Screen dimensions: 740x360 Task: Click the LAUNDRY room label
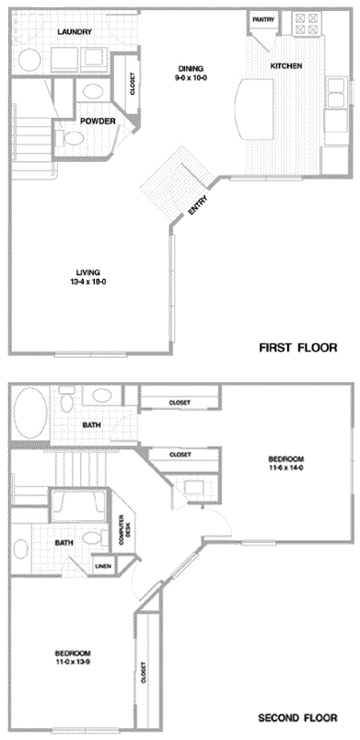[x=75, y=32]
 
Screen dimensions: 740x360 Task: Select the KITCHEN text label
[x=285, y=66]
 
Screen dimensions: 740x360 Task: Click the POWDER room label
[x=97, y=121]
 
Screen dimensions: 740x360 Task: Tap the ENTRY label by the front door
[x=198, y=206]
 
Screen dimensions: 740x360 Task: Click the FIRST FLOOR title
[x=297, y=348]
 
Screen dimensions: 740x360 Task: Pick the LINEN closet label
[x=102, y=565]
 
